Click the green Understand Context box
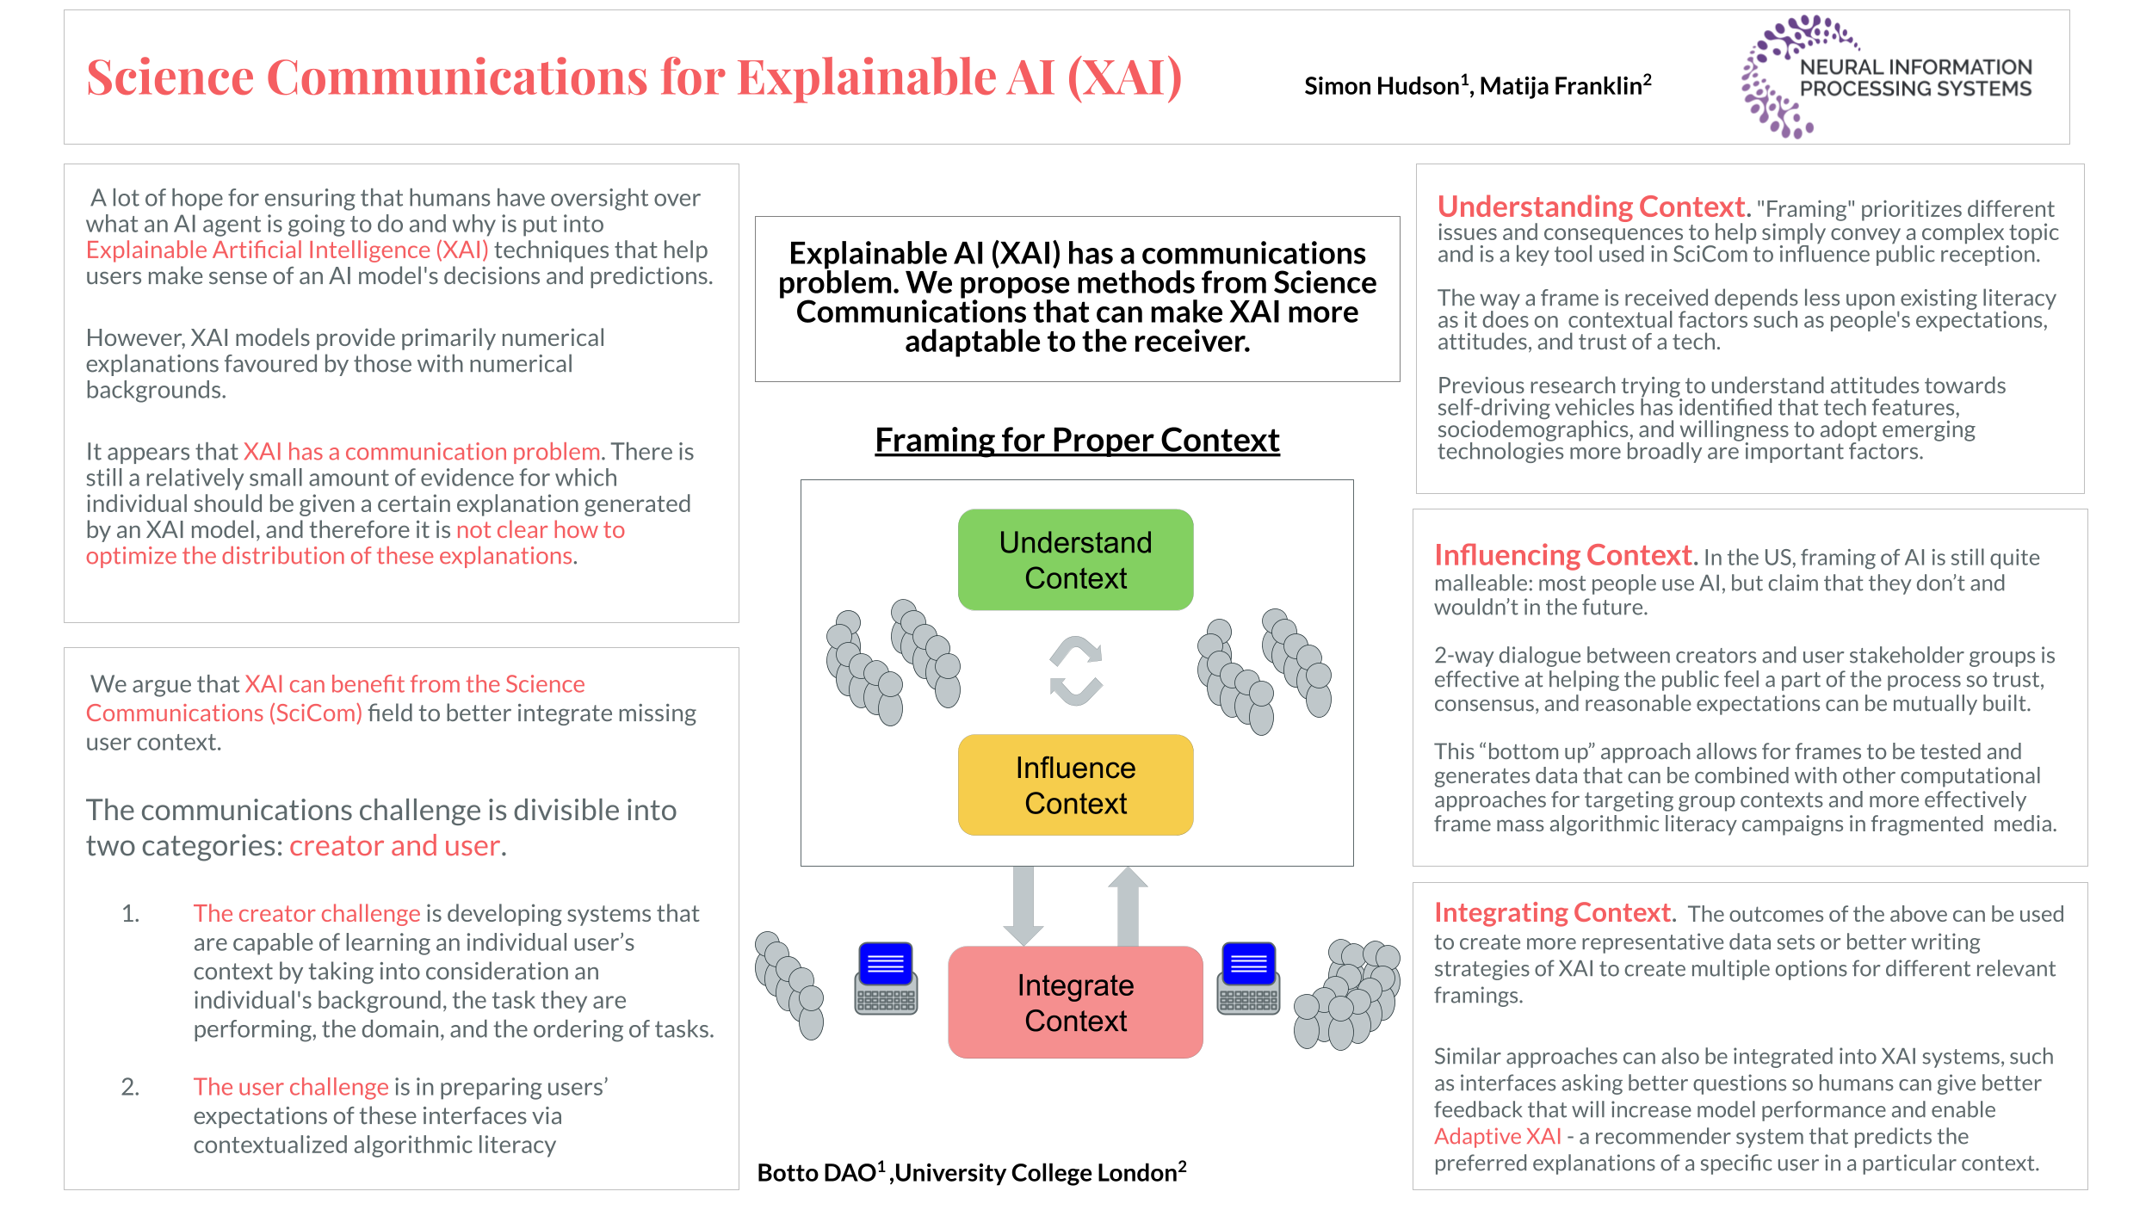tap(1075, 559)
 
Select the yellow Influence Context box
tap(1075, 785)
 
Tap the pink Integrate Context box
tap(1075, 1002)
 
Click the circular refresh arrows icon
tap(1075, 670)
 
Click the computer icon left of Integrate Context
tap(886, 978)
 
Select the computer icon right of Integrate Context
tap(1248, 978)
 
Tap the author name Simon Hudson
tap(1381, 86)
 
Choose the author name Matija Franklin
tap(1560, 86)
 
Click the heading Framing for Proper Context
tap(1077, 440)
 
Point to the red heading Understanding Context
tap(1591, 207)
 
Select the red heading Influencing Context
tap(1562, 555)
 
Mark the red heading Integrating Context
tap(1553, 912)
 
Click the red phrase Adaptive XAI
tap(1497, 1136)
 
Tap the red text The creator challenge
tap(306, 913)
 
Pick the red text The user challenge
tap(291, 1087)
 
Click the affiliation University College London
tap(1036, 1173)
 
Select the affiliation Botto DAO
tap(816, 1173)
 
